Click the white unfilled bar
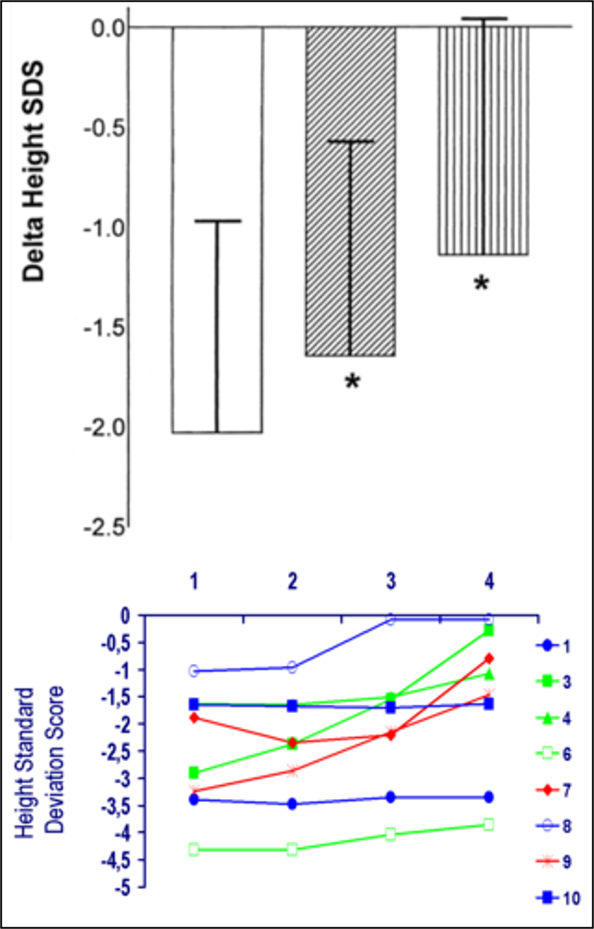point(217,229)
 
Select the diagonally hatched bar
point(350,191)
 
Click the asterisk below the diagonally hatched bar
point(352,383)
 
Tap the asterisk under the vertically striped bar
point(481,284)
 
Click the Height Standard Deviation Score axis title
point(44,757)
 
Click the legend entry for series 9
point(551,862)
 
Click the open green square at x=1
point(194,850)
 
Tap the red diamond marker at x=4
point(488,659)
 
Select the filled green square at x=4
point(488,630)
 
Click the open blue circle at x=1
point(194,671)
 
